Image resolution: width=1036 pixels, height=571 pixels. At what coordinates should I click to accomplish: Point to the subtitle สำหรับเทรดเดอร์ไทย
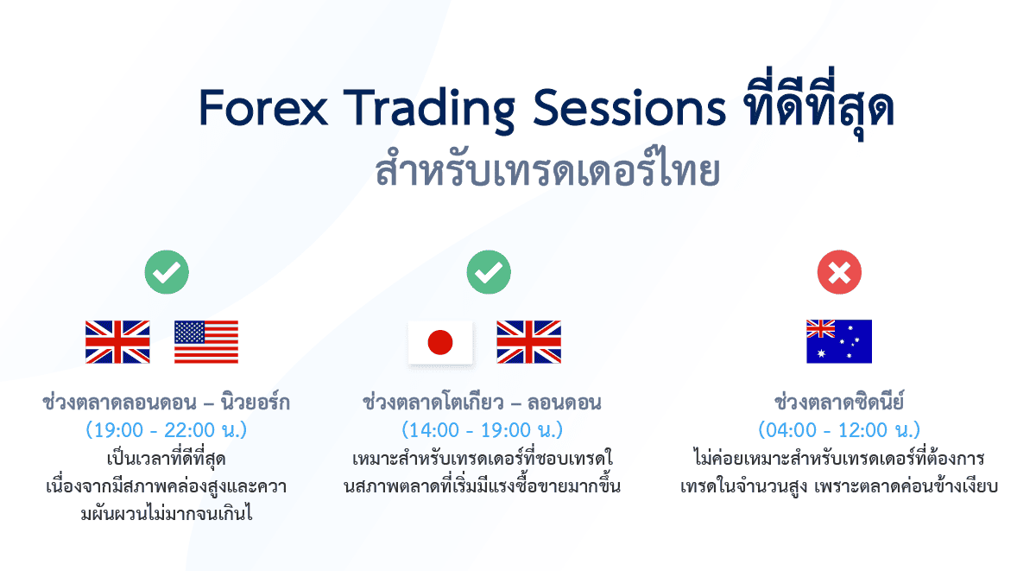coord(547,170)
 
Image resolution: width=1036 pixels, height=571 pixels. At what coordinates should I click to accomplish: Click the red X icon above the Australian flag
coord(838,275)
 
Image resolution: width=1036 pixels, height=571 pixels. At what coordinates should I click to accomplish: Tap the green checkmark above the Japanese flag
coord(489,275)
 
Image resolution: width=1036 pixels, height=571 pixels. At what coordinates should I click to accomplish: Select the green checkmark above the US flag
coord(166,275)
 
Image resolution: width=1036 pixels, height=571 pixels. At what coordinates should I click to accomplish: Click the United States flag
coord(206,341)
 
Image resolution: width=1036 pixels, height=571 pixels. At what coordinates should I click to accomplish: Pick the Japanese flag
coord(440,342)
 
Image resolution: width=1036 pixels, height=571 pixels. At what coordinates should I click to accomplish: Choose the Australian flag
coord(838,341)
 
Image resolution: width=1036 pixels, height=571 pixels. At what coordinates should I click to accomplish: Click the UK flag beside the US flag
coord(117,341)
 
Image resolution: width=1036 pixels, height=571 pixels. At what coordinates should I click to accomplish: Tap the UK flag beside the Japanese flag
coord(528,341)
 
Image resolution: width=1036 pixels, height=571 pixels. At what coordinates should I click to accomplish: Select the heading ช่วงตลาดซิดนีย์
coord(838,403)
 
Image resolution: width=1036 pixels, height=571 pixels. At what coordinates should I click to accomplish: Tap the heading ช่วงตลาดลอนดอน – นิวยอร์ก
coord(166,403)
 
